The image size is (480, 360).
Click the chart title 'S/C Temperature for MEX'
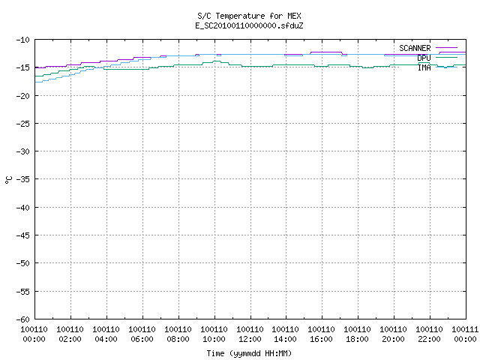[x=249, y=16]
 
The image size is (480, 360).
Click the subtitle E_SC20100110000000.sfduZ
[x=249, y=25]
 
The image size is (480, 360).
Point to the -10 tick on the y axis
[x=23, y=40]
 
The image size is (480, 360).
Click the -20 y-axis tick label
[x=23, y=96]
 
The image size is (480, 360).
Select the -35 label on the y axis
[x=23, y=179]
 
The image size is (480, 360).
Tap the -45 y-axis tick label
[x=23, y=235]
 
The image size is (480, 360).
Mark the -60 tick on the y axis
[x=23, y=319]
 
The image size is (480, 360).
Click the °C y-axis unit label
[x=8, y=180]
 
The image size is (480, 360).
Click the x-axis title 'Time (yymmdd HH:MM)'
[x=249, y=353]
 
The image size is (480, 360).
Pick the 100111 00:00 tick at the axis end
[x=465, y=334]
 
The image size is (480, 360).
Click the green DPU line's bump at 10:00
[x=216, y=61]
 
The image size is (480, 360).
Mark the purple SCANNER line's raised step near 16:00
[x=325, y=52]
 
